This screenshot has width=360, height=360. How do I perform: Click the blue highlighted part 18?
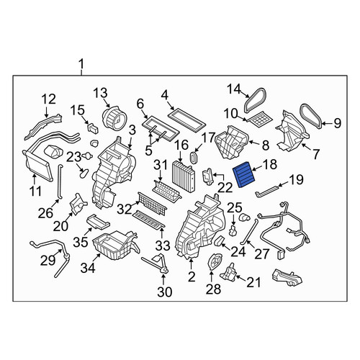click(243, 174)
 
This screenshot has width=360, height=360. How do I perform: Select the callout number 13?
click(100, 94)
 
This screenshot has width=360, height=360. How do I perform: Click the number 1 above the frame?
click(81, 64)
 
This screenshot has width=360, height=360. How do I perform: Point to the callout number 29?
click(48, 260)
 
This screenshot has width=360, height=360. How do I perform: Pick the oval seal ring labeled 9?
click(311, 116)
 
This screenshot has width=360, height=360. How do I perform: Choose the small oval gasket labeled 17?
click(194, 158)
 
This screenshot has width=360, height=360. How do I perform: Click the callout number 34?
click(88, 267)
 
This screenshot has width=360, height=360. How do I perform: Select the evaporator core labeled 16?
click(184, 176)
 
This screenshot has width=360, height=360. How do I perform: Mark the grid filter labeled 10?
click(261, 118)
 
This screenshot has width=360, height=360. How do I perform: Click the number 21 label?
click(253, 282)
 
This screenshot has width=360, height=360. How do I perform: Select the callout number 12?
click(49, 99)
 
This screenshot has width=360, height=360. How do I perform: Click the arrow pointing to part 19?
click(282, 184)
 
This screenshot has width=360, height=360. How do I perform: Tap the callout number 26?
click(45, 212)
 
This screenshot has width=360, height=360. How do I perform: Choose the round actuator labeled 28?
click(214, 263)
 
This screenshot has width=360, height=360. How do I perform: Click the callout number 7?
click(316, 154)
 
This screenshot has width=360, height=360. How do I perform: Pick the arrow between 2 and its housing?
click(191, 264)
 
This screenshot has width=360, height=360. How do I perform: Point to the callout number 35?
click(81, 242)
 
